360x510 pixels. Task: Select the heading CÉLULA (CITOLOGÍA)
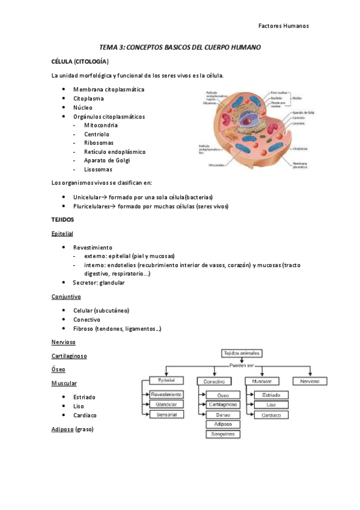pos(80,61)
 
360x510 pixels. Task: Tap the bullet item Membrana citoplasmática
pos(108,89)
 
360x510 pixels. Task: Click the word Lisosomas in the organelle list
pos(98,170)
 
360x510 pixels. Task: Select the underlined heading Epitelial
pos(63,233)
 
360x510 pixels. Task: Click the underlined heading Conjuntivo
pos(66,296)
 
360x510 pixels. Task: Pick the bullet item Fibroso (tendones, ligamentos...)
pos(117,329)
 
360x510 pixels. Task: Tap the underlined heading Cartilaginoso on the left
pos(69,355)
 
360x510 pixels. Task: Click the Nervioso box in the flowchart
pos(310,381)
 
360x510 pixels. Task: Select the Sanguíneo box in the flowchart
pos(222,434)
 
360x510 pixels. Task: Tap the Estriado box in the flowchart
pos(266,395)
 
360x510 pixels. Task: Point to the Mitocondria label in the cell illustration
pos(216,164)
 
